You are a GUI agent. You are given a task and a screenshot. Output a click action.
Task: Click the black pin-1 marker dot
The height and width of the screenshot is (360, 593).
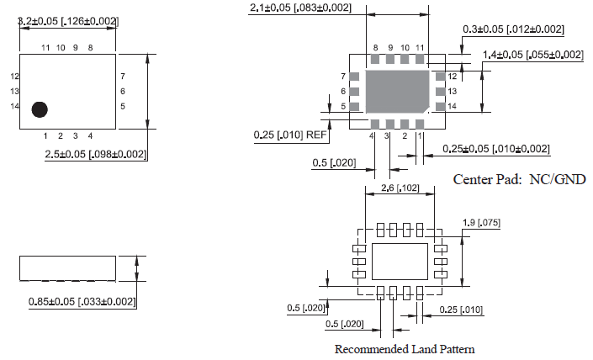coord(39,109)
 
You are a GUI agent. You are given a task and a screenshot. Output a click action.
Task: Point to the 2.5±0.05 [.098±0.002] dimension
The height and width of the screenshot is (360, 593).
coord(96,154)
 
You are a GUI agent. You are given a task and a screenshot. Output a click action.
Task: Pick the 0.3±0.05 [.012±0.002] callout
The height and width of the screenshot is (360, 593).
coord(513,29)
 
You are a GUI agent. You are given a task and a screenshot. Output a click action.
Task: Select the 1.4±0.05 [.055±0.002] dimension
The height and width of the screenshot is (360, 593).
coord(532,55)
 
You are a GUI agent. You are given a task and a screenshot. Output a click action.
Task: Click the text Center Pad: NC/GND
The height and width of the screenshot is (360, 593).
coord(519,179)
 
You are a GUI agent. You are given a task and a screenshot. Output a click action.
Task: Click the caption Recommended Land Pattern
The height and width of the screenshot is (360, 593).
coord(404,349)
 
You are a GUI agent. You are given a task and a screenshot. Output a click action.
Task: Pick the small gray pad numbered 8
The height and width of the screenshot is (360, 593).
coord(375,60)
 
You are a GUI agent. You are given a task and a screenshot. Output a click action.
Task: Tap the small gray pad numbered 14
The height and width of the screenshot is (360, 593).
coord(439,106)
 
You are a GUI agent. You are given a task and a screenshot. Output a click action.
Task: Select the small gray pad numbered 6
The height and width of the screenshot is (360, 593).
coord(354,91)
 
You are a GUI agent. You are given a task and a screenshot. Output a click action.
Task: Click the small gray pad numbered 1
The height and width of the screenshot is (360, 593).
coord(421,123)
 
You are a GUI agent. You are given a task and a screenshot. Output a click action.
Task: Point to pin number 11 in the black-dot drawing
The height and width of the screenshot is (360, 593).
coord(45,48)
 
